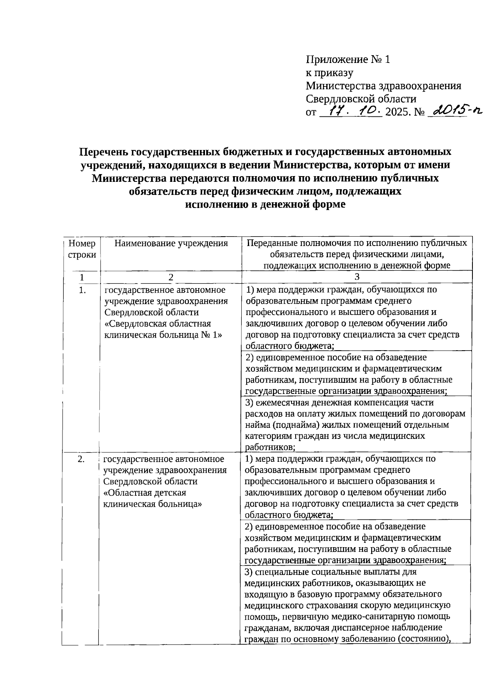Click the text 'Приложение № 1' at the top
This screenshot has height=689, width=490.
tap(348, 60)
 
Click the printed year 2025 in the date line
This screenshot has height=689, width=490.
tap(398, 112)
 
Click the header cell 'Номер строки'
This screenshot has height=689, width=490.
tap(82, 249)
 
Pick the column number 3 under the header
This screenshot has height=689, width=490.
tap(357, 277)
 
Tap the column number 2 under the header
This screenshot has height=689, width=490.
tap(171, 277)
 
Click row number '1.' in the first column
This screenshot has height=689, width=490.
tap(82, 291)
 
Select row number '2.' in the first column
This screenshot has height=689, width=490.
tap(81, 459)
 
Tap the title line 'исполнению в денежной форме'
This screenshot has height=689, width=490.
tap(265, 204)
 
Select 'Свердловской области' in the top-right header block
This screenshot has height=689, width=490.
tap(361, 99)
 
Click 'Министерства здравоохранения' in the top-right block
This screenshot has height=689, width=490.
tap(383, 86)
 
